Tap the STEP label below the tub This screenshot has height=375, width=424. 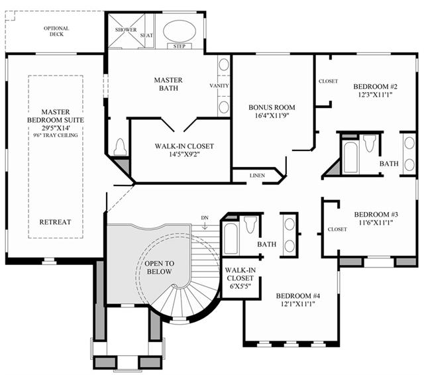180,46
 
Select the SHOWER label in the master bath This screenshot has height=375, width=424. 126,30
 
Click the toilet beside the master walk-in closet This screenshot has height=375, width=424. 120,147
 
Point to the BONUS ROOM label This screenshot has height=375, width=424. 272,107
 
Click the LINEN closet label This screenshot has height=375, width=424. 257,176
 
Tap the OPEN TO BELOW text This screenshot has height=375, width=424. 159,268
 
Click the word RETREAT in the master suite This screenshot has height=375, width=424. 55,222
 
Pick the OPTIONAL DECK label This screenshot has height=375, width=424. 56,31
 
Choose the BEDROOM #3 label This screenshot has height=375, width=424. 376,215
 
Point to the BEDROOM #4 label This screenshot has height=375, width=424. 298,295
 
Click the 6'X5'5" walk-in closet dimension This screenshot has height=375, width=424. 240,286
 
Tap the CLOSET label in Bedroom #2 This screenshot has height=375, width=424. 328,81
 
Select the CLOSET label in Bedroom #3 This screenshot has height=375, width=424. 337,229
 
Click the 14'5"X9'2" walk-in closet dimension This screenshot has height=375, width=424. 184,154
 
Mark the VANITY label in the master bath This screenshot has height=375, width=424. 219,85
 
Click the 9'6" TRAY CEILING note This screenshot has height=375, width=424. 56,135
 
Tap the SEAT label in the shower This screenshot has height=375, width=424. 146,35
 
